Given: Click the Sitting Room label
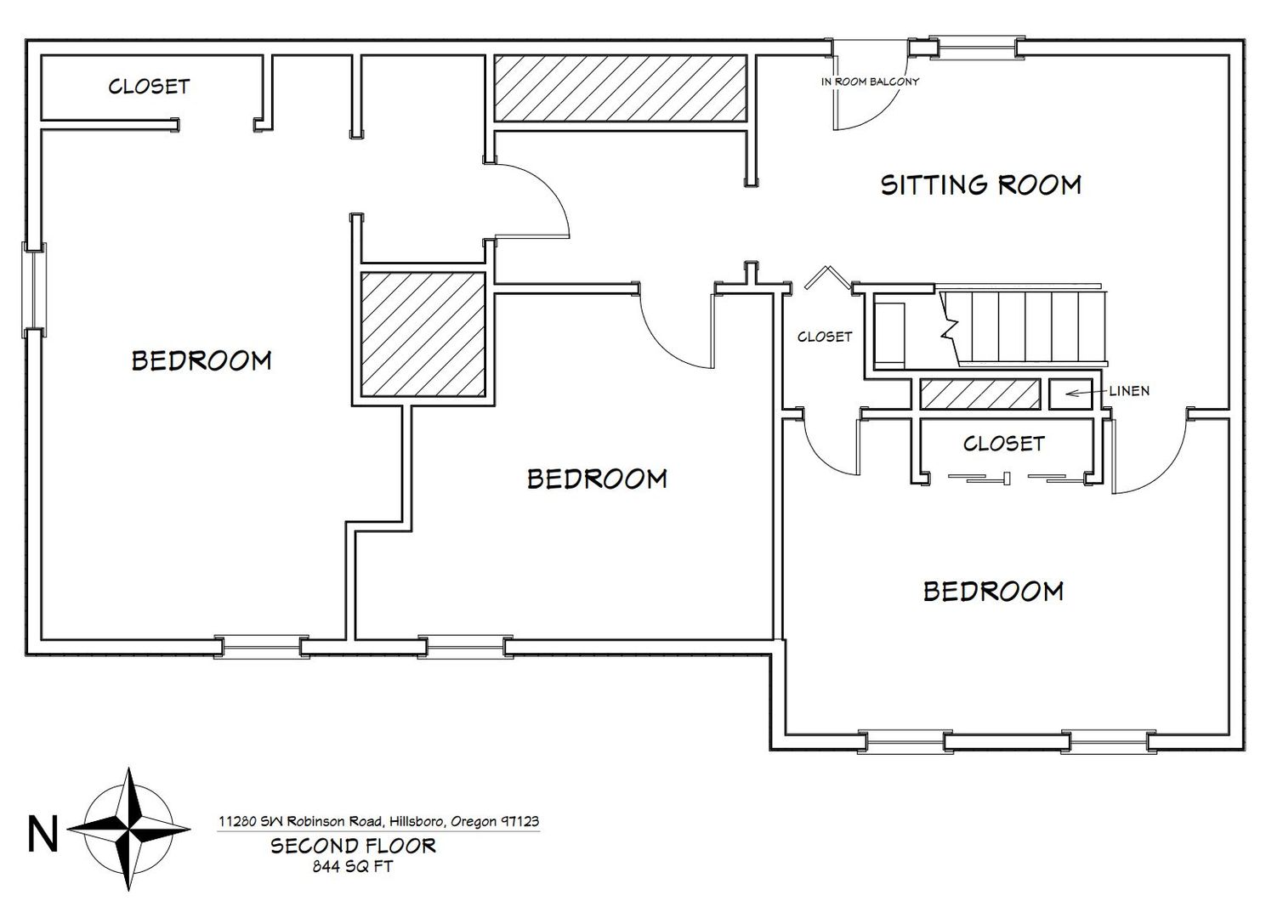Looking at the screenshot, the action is tap(981, 185).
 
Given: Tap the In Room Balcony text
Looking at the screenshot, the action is tap(870, 82).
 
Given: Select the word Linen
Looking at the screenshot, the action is tap(1129, 391).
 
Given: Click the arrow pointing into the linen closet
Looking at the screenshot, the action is tap(1086, 393).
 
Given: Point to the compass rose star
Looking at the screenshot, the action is tap(129, 830).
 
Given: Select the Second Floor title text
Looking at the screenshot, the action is tap(353, 846).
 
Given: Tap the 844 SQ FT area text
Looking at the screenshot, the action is tap(353, 866).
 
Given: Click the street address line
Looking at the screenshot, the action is tap(378, 821).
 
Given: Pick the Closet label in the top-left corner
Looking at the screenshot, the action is tap(149, 87).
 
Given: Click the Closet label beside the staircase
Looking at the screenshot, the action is tap(825, 337).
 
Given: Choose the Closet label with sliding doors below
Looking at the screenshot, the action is tap(1004, 444).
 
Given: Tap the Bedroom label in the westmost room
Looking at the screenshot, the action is tap(202, 360).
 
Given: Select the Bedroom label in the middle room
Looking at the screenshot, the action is tap(597, 479).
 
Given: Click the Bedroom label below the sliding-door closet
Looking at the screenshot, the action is tap(993, 592).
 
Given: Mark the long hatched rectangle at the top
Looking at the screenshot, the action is tap(621, 88).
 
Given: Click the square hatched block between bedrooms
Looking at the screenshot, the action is tap(423, 334).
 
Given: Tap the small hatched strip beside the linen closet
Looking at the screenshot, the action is tap(980, 394).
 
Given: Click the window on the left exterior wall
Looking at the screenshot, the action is tap(35, 290).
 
